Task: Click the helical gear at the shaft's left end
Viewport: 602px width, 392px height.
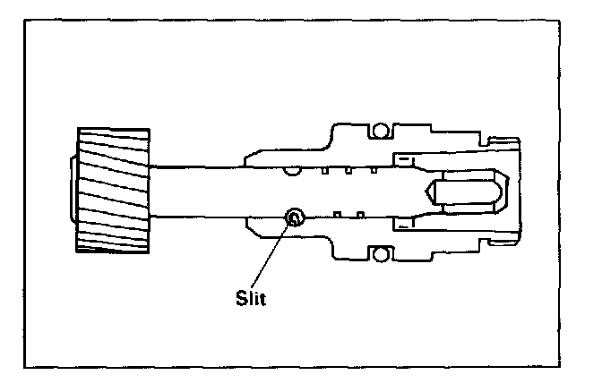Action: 113,190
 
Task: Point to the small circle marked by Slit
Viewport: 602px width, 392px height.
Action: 293,216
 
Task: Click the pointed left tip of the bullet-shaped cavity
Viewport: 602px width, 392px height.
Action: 426,192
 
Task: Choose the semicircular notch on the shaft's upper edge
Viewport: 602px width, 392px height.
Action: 289,167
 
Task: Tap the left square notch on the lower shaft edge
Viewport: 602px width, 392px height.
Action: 337,214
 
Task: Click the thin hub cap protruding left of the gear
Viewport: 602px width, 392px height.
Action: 71,190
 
